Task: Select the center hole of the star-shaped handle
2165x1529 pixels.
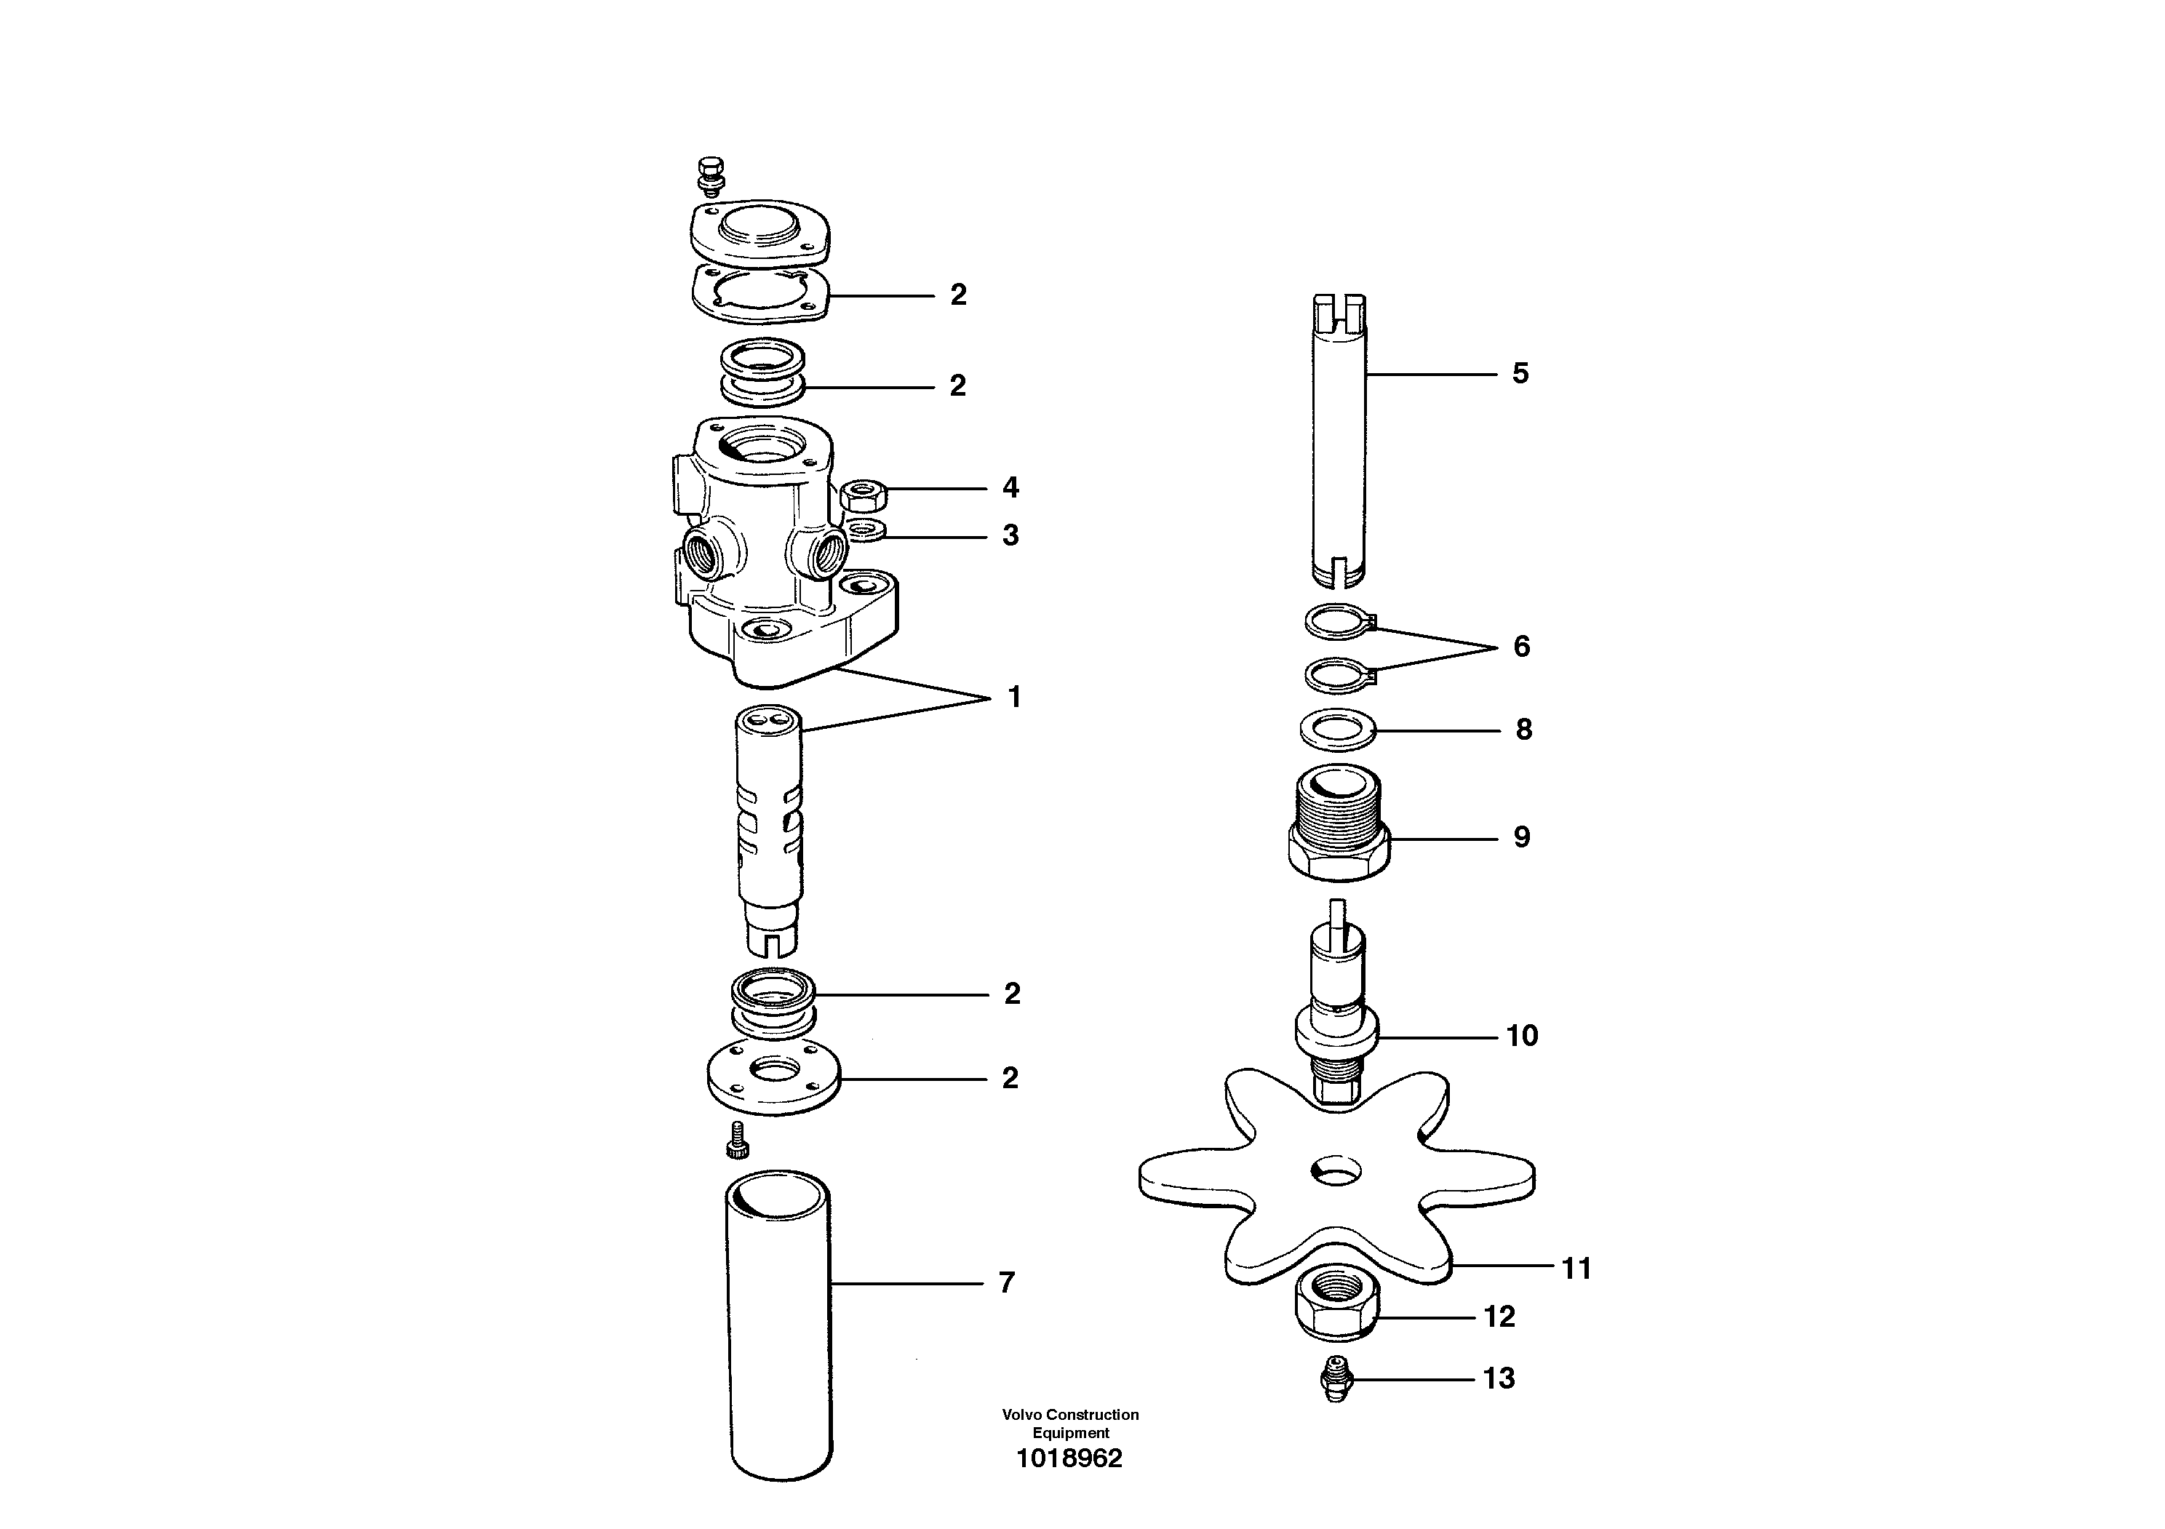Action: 1336,1173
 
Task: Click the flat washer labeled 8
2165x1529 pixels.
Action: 1337,729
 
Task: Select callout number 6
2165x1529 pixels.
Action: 1521,647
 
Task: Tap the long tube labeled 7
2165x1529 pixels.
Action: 780,1320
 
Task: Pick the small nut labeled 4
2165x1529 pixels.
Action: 860,493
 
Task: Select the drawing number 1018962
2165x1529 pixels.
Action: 1069,1459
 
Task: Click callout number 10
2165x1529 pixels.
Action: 1522,1036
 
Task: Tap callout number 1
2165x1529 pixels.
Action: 1015,698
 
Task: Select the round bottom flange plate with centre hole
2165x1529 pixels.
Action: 773,1079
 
